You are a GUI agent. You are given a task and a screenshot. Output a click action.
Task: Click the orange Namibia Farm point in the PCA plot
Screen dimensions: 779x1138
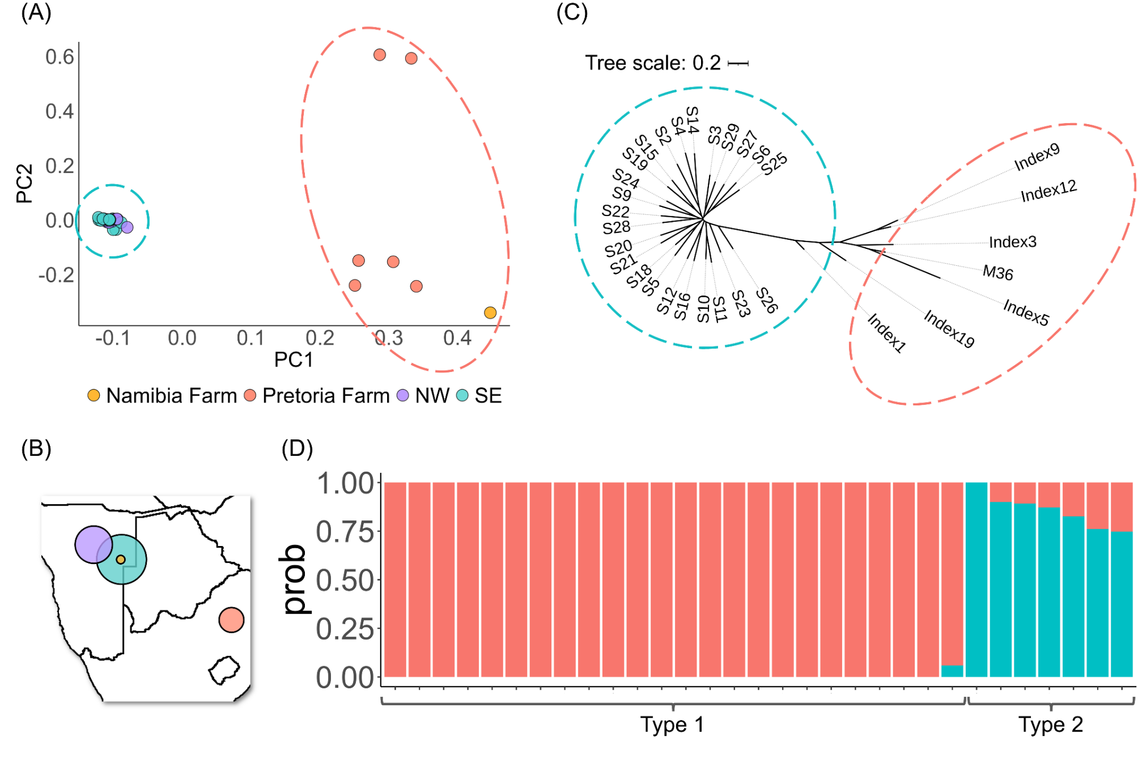[490, 312]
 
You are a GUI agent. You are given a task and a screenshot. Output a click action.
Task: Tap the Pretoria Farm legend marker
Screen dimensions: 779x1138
[250, 395]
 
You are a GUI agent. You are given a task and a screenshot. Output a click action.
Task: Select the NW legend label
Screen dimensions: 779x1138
[432, 395]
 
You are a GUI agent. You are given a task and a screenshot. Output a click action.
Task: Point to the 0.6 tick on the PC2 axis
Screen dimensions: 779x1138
[60, 57]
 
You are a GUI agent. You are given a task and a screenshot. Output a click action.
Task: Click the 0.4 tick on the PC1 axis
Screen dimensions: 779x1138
[457, 338]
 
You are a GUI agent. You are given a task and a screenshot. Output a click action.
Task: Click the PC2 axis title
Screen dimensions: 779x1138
[24, 183]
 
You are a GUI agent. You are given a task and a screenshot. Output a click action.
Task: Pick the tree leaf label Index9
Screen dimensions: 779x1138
[1037, 156]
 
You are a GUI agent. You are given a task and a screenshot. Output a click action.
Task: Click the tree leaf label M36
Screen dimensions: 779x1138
[997, 273]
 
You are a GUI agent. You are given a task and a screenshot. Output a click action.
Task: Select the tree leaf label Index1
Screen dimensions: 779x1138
[887, 333]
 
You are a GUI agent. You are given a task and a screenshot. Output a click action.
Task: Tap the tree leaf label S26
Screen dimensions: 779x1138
[767, 300]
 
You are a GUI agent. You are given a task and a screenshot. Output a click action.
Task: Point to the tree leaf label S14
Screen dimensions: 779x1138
[693, 120]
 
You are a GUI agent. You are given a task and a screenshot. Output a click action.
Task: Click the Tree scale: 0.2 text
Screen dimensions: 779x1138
[653, 63]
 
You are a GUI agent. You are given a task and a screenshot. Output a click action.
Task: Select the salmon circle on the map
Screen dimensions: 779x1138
[231, 620]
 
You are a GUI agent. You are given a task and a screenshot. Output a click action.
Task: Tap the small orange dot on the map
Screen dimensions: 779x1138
[121, 560]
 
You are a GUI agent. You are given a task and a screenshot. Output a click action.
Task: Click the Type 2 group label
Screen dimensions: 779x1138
[1051, 724]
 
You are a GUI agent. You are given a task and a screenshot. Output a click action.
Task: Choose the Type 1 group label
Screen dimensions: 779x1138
[672, 724]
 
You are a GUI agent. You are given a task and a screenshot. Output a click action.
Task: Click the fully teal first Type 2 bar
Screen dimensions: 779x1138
[976, 578]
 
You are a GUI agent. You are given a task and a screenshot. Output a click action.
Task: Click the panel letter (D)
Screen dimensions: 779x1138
[297, 448]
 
